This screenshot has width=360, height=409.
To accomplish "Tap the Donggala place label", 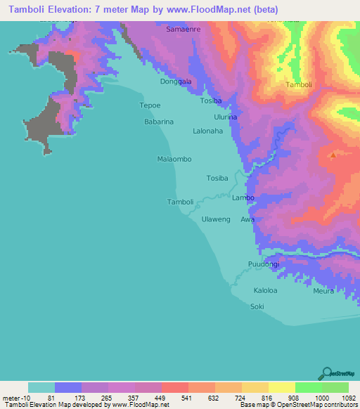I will tap(176, 82).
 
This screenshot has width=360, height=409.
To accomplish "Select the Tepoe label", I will tap(151, 106).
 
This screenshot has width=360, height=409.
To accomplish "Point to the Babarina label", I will tap(159, 122).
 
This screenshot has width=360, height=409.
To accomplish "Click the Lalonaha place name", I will tap(207, 131).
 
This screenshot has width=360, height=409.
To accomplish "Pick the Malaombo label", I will tap(174, 160).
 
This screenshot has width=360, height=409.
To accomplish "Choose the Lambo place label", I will tap(243, 198).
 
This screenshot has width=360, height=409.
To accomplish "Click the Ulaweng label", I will tap(216, 219).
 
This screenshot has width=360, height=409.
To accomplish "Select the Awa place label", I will tap(247, 219).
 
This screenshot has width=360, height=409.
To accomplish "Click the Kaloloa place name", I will tap(265, 290).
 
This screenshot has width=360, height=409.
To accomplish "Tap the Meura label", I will tap(323, 290).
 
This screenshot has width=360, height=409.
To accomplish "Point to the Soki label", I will tap(257, 306).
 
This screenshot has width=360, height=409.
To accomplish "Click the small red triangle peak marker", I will tap(333, 155).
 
